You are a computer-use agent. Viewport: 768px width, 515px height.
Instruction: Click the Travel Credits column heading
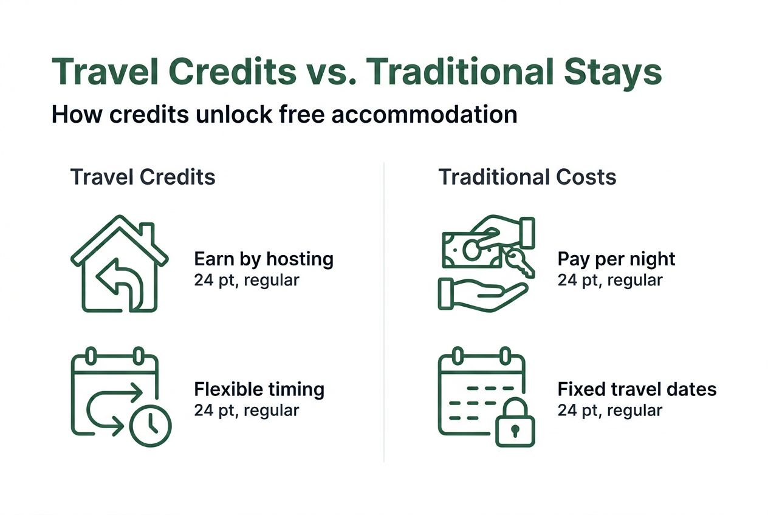[x=143, y=177]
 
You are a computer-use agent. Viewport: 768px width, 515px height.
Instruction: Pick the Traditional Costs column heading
[x=527, y=177]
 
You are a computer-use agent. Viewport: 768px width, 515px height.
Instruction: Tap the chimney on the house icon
[x=146, y=233]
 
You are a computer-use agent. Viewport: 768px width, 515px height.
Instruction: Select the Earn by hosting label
[x=264, y=259]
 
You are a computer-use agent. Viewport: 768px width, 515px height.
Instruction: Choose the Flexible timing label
[x=259, y=389]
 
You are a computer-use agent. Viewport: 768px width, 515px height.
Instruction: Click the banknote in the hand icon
[x=471, y=249]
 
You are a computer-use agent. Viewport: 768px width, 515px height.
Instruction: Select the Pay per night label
[x=616, y=259]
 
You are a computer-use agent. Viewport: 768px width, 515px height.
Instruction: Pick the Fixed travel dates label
[x=637, y=389]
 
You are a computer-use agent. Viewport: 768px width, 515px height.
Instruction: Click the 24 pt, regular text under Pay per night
[x=610, y=280]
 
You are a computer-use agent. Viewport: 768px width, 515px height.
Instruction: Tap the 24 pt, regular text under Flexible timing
[x=247, y=410]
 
